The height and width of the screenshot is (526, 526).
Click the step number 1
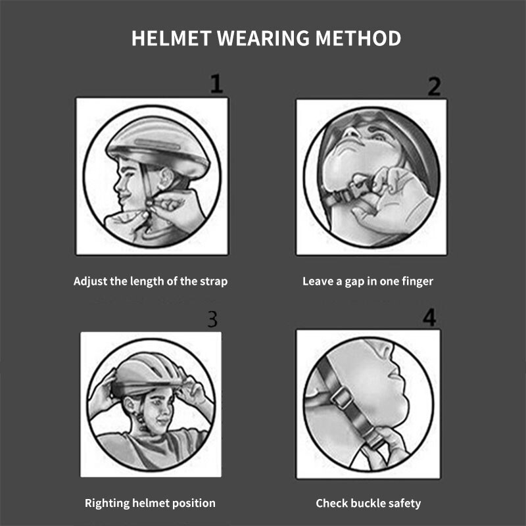(x=216, y=84)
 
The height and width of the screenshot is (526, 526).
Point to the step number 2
(x=434, y=86)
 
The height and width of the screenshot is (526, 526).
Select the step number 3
(x=212, y=320)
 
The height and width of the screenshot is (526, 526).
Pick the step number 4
(x=429, y=318)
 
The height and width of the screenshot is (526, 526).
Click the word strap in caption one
(x=214, y=281)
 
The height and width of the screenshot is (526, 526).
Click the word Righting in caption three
(x=107, y=504)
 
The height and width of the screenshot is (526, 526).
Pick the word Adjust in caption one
(x=90, y=281)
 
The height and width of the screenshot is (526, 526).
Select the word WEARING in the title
(x=262, y=38)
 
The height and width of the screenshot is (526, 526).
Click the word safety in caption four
(x=405, y=504)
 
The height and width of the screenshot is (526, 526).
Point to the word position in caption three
(x=193, y=504)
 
